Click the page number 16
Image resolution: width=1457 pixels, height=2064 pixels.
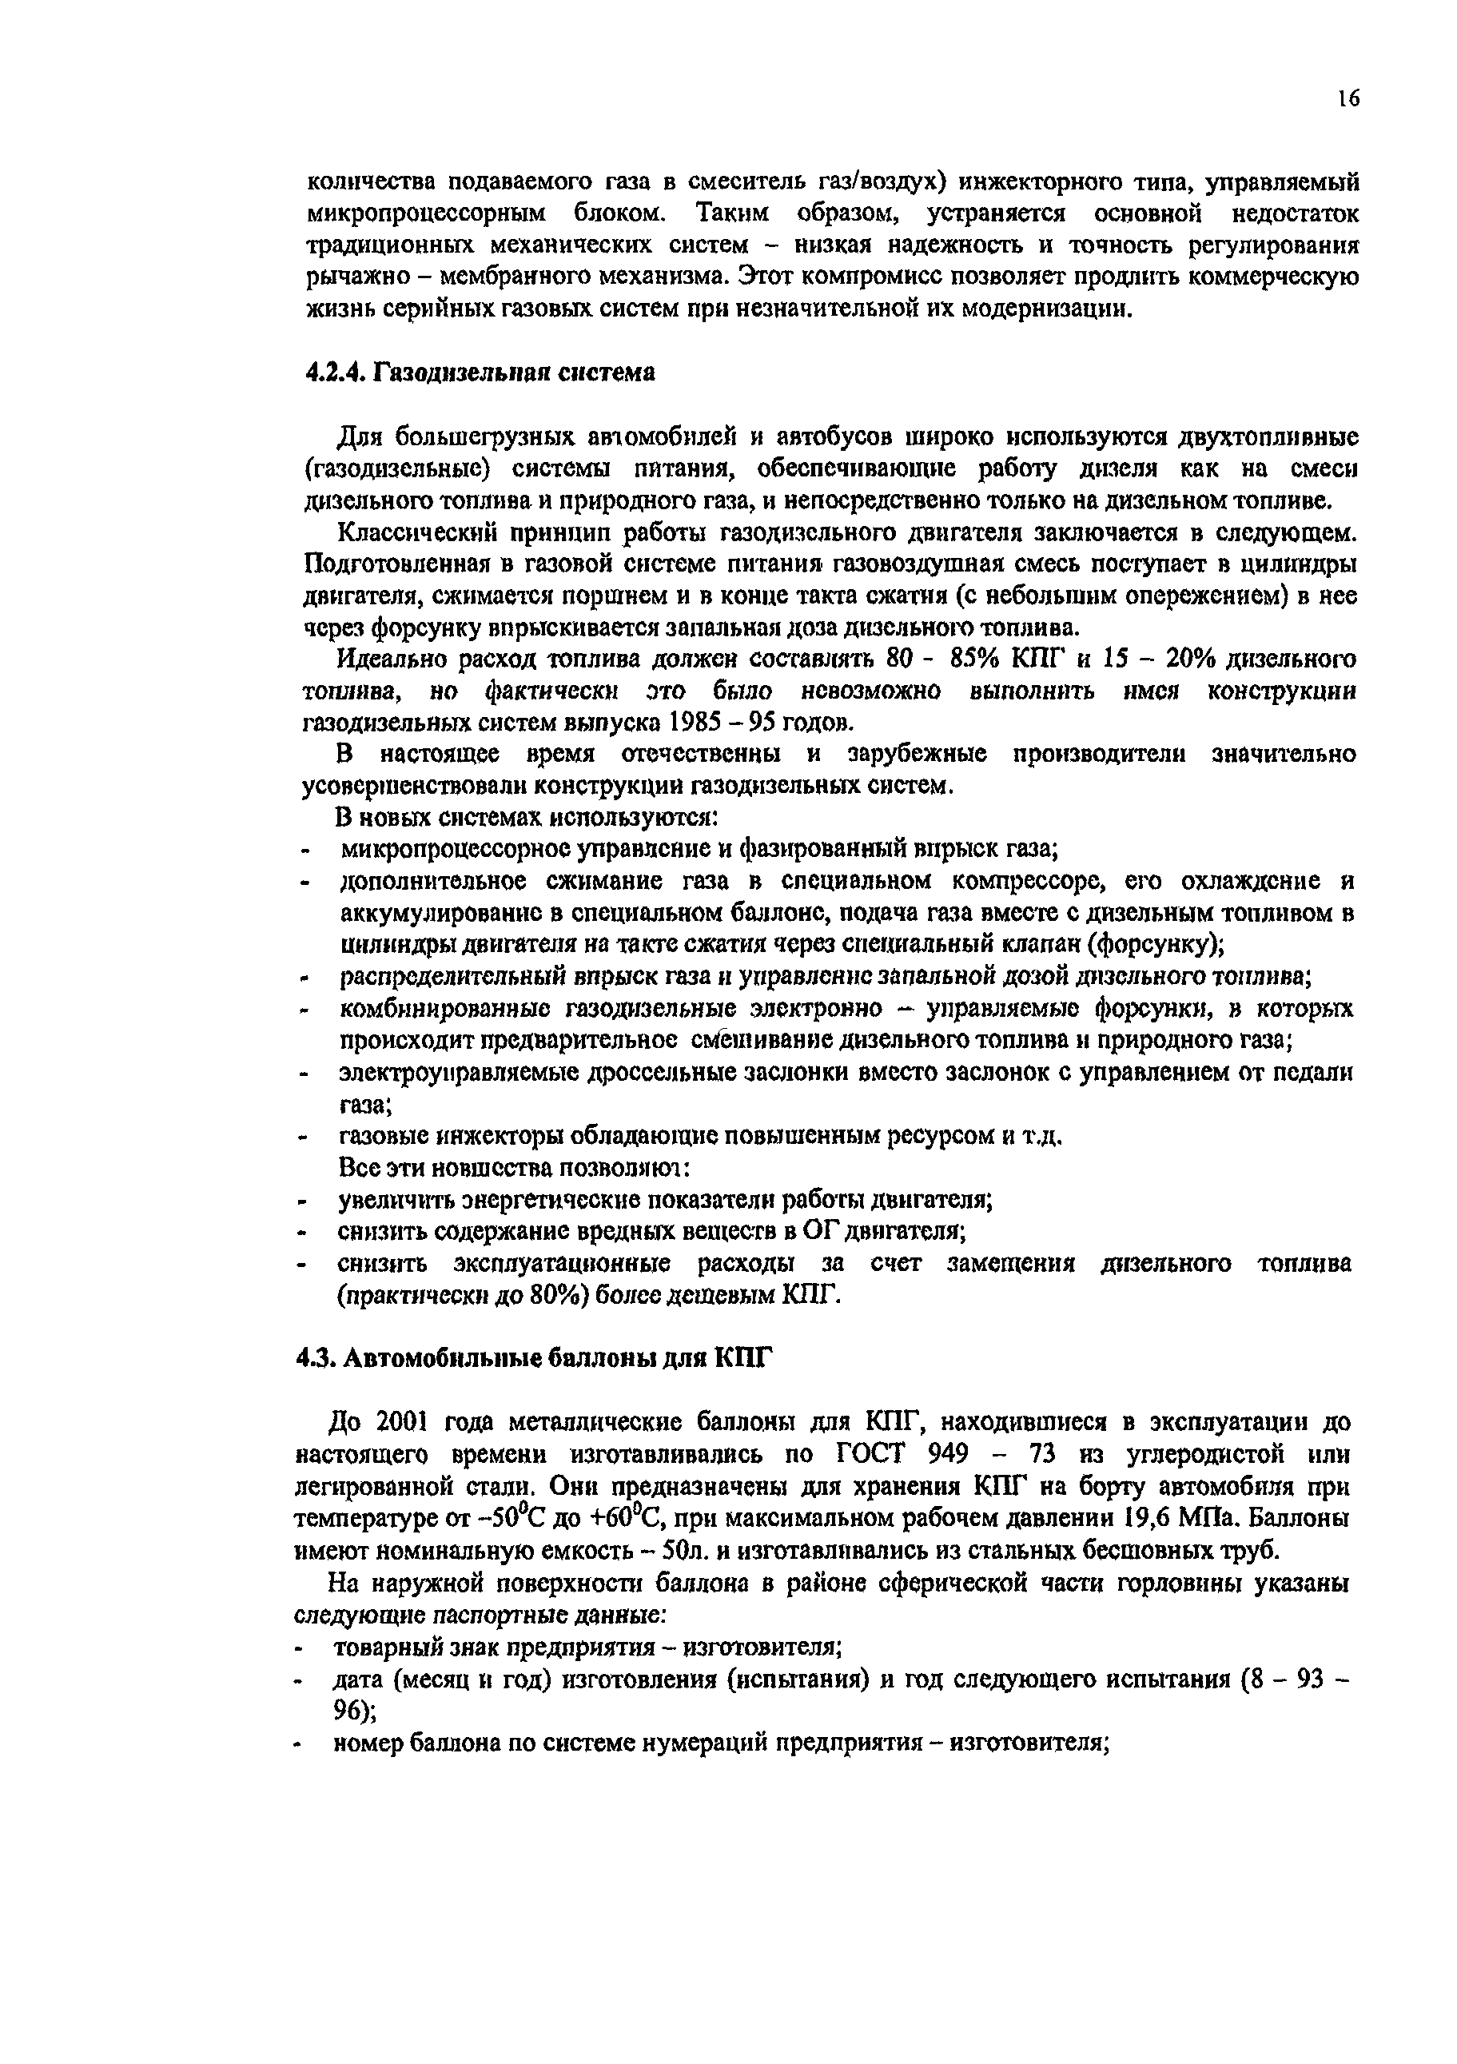[x=1348, y=99]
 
